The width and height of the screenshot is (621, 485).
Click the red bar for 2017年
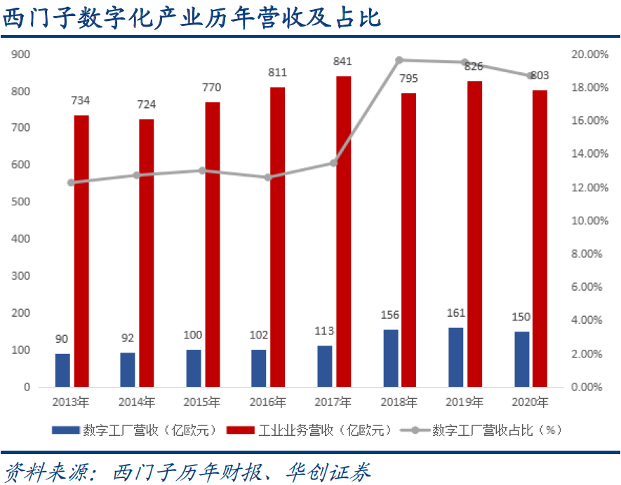[343, 231]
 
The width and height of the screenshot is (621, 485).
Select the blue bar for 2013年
[63, 369]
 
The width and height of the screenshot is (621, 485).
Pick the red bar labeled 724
[147, 252]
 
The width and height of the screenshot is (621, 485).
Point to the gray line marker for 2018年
[399, 60]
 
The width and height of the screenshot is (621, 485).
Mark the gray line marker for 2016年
[267, 177]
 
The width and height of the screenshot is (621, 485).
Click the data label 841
[342, 62]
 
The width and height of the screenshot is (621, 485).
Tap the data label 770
[211, 88]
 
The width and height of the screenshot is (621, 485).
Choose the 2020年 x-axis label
[530, 403]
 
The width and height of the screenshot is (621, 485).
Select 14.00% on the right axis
[589, 154]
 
